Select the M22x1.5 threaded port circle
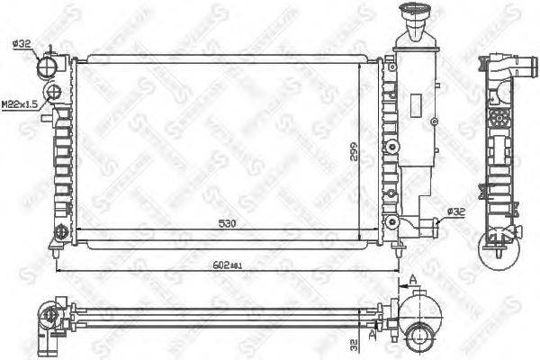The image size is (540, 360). point(53,93)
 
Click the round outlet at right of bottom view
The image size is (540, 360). point(419,338)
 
